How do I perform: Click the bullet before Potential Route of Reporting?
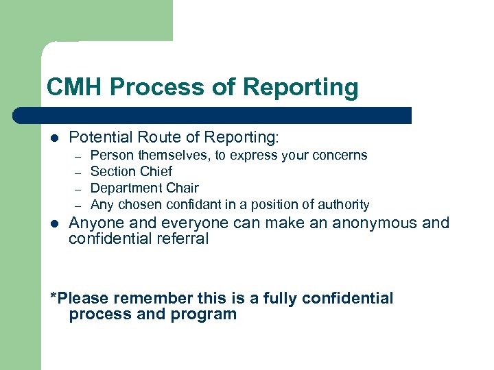coord(54,138)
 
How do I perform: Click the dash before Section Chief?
coord(79,173)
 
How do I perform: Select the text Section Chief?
coord(131,171)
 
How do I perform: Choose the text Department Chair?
coord(144,188)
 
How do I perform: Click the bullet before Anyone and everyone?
coord(54,224)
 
